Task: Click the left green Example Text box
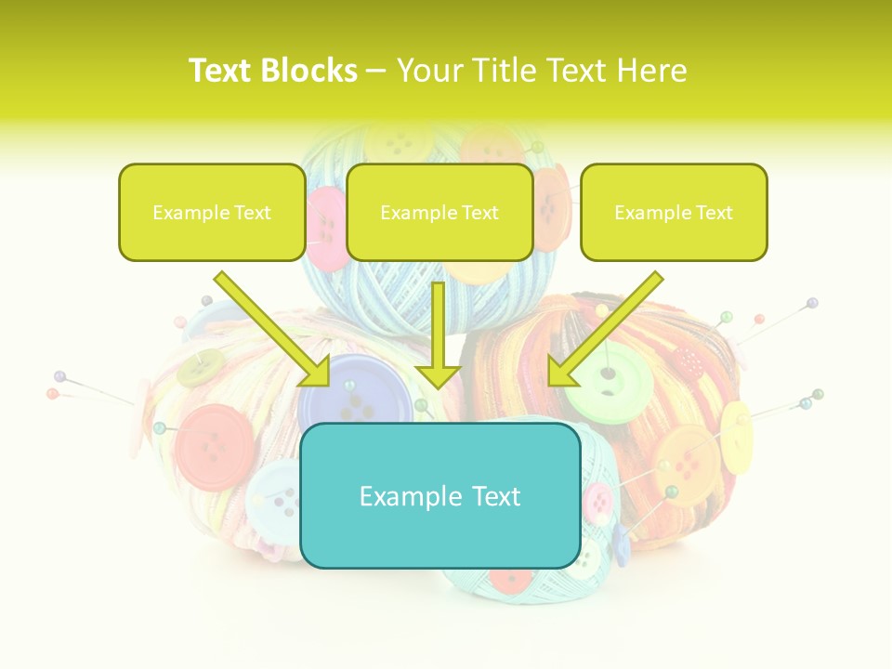click(212, 212)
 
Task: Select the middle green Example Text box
click(439, 212)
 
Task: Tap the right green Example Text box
click(674, 212)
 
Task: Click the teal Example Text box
click(439, 495)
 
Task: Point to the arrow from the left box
click(274, 330)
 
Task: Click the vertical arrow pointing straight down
click(439, 334)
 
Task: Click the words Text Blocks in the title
click(273, 71)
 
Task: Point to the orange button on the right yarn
click(686, 465)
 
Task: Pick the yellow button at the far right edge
click(736, 429)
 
